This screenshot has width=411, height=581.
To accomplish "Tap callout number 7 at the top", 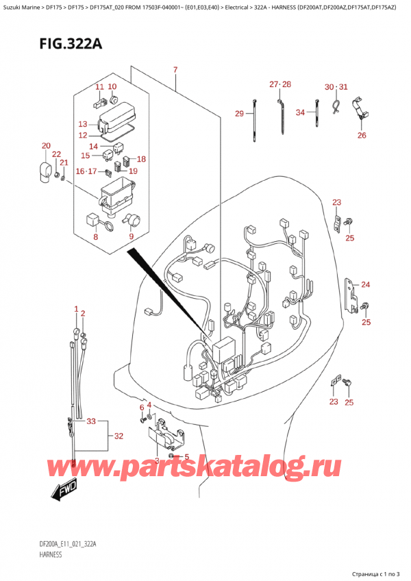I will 175,70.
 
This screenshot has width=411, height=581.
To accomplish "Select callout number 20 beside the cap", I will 46,146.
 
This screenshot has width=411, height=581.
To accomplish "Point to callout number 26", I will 362,135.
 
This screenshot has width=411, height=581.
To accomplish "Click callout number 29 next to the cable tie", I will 239,113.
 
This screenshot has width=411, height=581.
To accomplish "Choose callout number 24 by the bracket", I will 365,284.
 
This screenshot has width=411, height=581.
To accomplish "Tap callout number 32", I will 119,436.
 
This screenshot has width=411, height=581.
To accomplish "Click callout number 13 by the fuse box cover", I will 83,124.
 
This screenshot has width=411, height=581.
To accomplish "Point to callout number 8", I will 95,237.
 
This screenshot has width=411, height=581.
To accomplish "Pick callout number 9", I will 131,237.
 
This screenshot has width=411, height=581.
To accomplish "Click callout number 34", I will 300,112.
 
